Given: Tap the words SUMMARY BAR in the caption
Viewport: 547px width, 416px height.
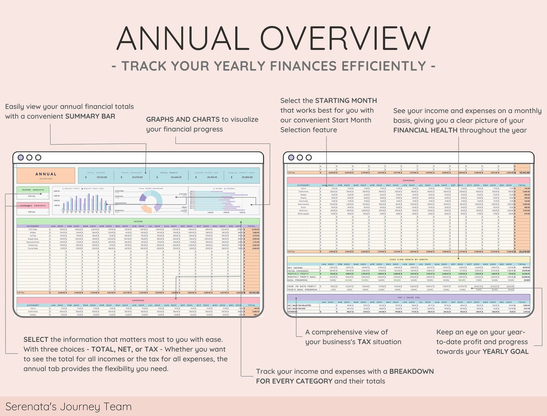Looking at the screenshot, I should coord(90,116).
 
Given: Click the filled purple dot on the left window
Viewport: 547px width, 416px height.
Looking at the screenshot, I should coord(21,157).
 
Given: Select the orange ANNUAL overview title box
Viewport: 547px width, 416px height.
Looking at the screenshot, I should coord(46,176).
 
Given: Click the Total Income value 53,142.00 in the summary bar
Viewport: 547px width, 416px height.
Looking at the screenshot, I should coord(102,177).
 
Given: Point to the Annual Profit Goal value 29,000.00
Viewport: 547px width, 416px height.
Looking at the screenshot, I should coord(247,177).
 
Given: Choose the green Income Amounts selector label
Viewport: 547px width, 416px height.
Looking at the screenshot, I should coord(33,190).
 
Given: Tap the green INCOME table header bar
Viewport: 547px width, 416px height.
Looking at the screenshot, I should coord(138,221).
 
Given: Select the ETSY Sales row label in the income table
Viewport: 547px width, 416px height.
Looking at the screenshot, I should coord(33,229).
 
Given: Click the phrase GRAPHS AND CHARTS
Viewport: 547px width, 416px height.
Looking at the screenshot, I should coord(183,119).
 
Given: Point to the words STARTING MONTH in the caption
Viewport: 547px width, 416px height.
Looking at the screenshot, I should coord(346,101).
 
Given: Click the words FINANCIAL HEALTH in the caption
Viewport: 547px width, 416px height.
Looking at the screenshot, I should coord(425,130).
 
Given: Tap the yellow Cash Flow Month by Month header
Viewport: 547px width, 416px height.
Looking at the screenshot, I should coord(409,259).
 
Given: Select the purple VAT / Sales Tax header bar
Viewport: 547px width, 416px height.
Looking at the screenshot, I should coord(409,297).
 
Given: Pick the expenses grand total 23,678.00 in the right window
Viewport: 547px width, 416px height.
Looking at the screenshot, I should coord(524,252).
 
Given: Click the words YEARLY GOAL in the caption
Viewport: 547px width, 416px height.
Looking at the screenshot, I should coord(505,351).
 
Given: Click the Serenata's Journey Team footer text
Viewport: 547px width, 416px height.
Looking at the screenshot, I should coord(69,407).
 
